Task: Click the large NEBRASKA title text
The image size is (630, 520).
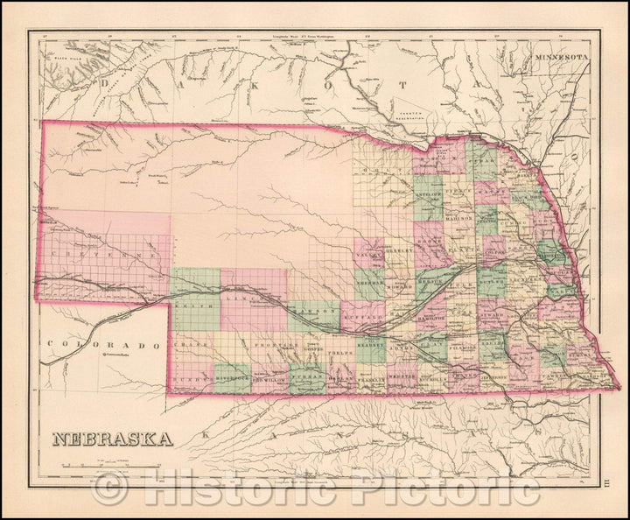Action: [112, 438]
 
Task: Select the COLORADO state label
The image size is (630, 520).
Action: [104, 345]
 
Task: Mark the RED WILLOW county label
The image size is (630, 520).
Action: [267, 380]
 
